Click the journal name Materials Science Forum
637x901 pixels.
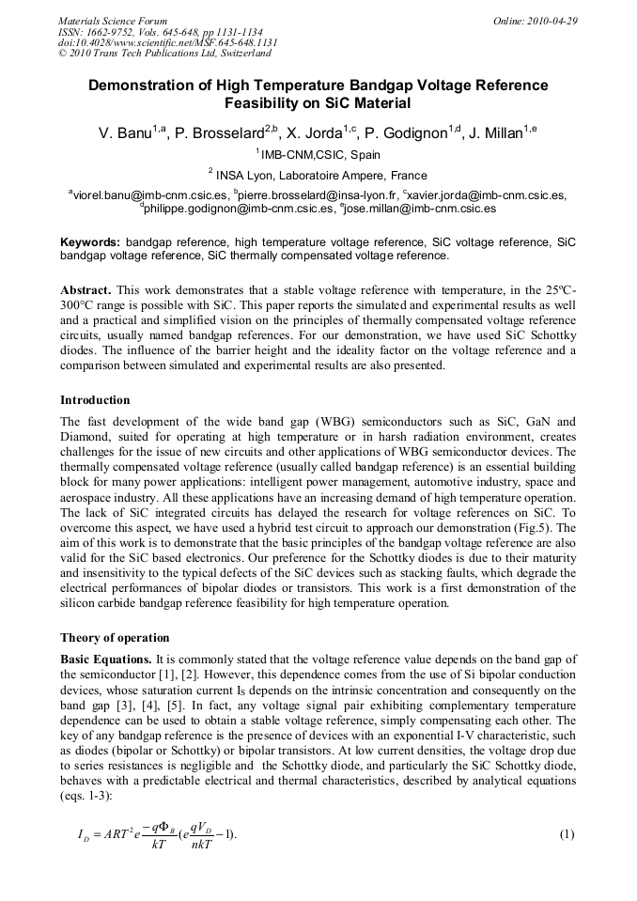[x=113, y=20]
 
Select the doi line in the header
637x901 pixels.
[x=168, y=43]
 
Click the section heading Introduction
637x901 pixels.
[x=95, y=400]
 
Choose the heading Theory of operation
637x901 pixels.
[x=115, y=637]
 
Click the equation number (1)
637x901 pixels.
[x=566, y=834]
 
